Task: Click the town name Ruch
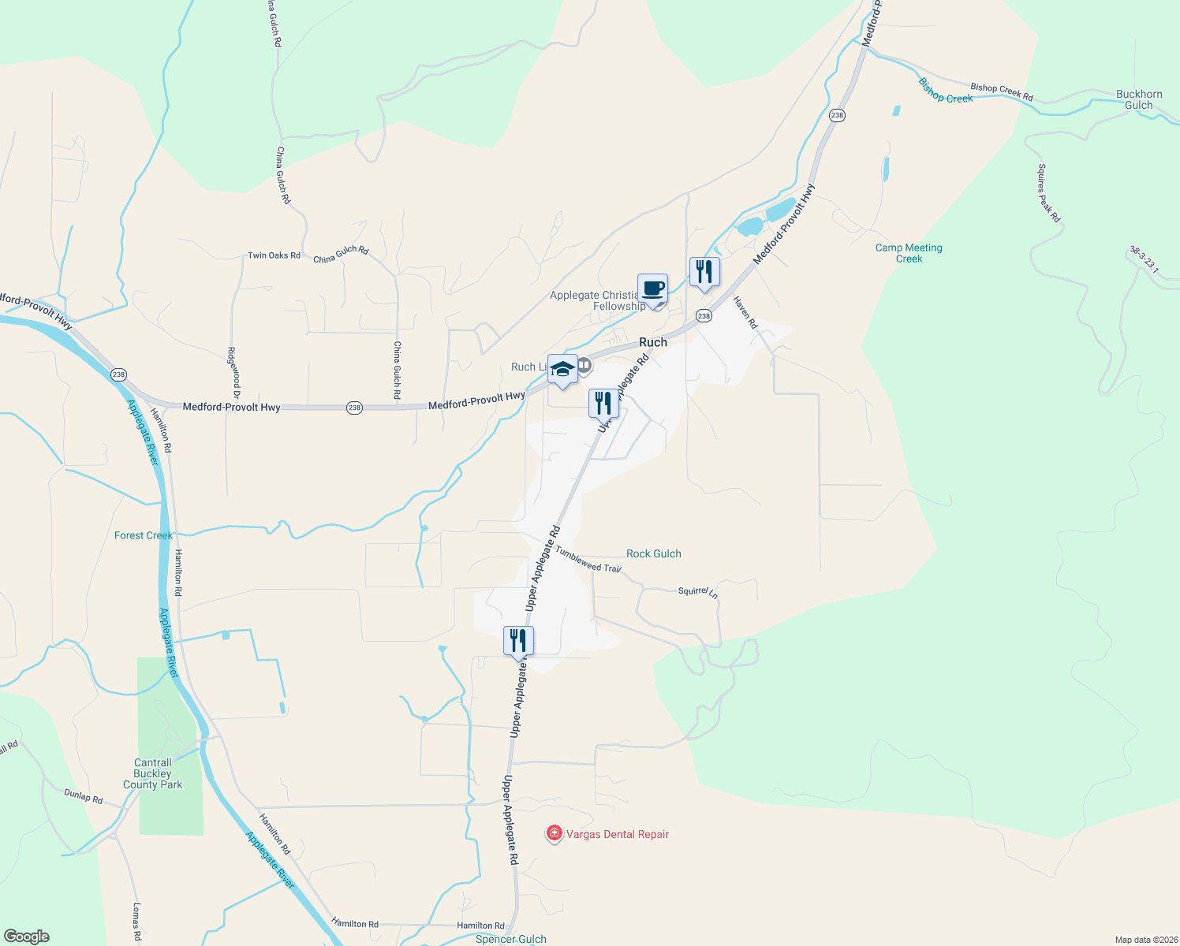pos(653,342)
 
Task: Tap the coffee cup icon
pos(652,289)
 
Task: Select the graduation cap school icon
pos(562,369)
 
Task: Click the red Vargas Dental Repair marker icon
pos(554,833)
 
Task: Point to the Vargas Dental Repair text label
pos(618,834)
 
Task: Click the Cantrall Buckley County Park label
pos(152,773)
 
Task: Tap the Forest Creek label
pos(143,535)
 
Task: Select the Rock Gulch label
pos(653,553)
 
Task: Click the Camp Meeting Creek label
pos(909,253)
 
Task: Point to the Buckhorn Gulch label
pos(1139,99)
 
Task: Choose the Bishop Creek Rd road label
pos(1002,91)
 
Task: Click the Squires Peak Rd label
pos(1049,193)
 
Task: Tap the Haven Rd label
pos(745,312)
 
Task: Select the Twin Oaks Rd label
pos(274,255)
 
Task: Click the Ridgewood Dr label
pos(233,372)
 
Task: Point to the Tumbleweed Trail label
pos(588,559)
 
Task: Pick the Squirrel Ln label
pos(698,591)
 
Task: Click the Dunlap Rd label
pos(84,797)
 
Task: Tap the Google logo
pos(27,937)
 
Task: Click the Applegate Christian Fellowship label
pos(597,300)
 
